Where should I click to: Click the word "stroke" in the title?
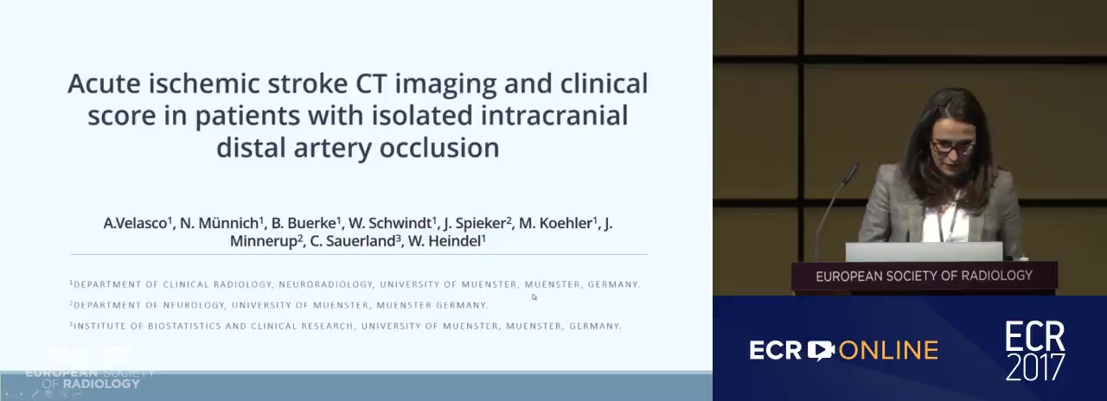click(x=307, y=83)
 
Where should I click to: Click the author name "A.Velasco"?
click(x=135, y=223)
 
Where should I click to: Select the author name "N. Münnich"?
click(x=220, y=223)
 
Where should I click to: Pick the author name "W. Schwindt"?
click(x=390, y=223)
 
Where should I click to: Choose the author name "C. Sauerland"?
click(x=353, y=241)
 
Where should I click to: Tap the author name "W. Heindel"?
click(x=445, y=241)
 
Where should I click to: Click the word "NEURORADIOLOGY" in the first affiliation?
click(x=326, y=284)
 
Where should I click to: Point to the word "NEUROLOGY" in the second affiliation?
click(x=195, y=305)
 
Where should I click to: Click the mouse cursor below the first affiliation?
click(x=534, y=296)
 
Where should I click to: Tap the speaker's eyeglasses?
click(x=952, y=147)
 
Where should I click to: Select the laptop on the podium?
click(x=924, y=251)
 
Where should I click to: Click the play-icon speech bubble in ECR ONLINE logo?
click(x=821, y=350)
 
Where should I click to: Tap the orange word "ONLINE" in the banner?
click(x=888, y=351)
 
